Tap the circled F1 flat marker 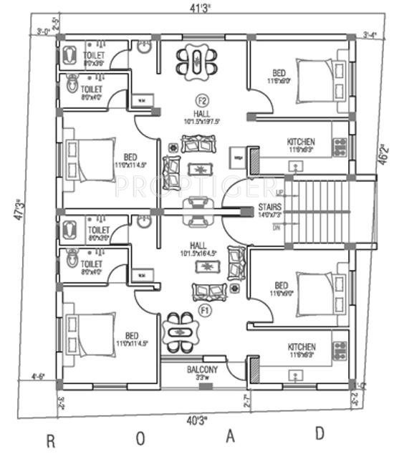203,310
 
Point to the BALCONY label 203,370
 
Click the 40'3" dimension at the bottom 196,419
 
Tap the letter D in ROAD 319,433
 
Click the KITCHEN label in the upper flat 301,142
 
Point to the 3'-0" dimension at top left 44,32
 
